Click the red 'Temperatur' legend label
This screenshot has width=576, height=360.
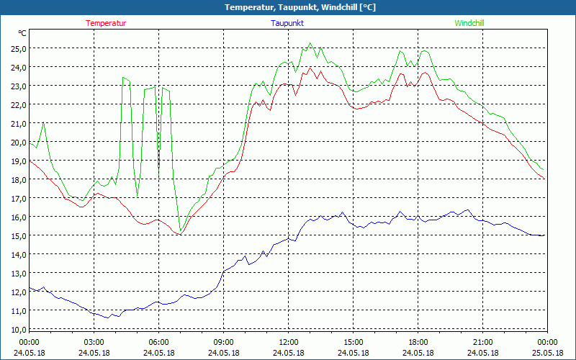coord(106,23)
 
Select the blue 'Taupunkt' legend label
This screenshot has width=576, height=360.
coord(288,23)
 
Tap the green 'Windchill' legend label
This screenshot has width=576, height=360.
coord(469,23)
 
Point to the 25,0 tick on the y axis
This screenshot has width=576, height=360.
coord(17,48)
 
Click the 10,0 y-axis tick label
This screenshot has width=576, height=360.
coord(17,329)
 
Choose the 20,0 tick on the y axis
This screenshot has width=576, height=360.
coord(17,142)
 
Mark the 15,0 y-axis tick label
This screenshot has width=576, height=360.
coord(17,235)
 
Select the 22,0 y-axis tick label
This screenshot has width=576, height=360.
coord(17,104)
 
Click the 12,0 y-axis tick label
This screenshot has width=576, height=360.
coord(17,292)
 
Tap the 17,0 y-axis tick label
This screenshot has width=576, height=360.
coord(17,198)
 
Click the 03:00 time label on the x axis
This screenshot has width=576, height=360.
coord(94,342)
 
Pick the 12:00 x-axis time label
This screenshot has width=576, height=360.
coord(289,342)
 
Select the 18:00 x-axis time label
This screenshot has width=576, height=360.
coord(418,342)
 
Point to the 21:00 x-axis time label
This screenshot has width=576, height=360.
coord(483,342)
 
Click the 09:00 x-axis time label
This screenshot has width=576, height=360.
coord(224,342)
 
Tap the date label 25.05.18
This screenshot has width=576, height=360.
coord(547,353)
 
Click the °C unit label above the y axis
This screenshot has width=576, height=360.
coord(23,33)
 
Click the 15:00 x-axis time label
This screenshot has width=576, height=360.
coord(354,342)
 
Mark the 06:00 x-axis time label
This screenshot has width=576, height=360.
coord(159,342)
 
